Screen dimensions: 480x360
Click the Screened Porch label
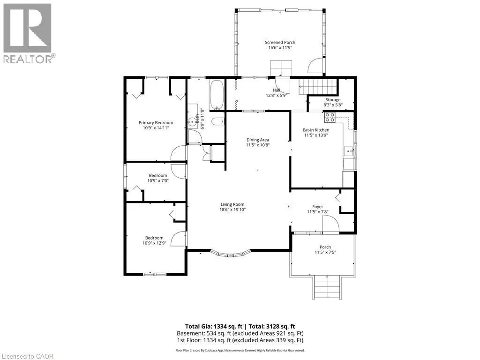[280, 42]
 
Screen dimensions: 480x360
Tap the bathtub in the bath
[217, 95]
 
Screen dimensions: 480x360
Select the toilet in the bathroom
[218, 121]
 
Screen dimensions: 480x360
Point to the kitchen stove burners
[330, 118]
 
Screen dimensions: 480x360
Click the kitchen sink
[348, 151]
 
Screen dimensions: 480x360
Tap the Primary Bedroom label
[156, 123]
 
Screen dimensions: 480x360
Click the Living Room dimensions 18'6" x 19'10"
[232, 210]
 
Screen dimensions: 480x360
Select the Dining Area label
[258, 140]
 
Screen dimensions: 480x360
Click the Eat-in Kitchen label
[316, 130]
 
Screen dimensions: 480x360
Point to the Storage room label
[333, 100]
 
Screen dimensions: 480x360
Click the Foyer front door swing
[331, 224]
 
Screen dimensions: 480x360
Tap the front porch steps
[327, 287]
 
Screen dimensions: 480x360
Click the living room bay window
[231, 253]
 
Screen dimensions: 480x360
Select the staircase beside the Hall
[318, 87]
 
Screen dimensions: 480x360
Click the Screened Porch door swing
[315, 65]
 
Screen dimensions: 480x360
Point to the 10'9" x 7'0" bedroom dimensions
[158, 180]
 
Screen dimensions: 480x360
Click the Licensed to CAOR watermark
[27, 356]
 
